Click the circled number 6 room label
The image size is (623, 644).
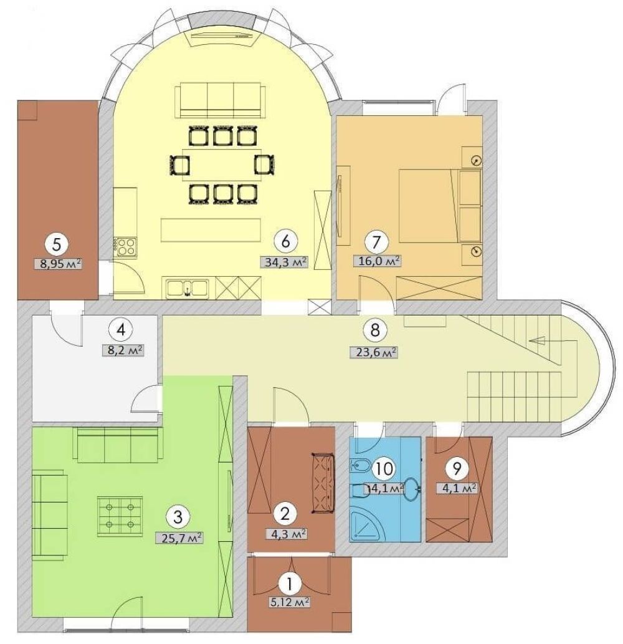pos(285,241)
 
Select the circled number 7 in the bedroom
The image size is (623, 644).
pos(376,242)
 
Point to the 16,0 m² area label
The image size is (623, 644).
pos(377,261)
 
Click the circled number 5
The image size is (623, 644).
pos(57,244)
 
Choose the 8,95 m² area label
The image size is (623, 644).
pos(59,263)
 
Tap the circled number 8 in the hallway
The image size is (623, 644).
pos(374,330)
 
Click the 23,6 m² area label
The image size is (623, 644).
pos(374,352)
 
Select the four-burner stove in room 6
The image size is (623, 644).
pos(126,246)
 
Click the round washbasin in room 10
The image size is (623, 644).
pos(412,489)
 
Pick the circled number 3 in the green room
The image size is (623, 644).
pos(178,517)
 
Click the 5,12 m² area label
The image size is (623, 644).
pos(289,602)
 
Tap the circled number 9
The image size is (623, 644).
pos(457,468)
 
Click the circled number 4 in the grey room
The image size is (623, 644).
pos(120,330)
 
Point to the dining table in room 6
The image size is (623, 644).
pos(222,165)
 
